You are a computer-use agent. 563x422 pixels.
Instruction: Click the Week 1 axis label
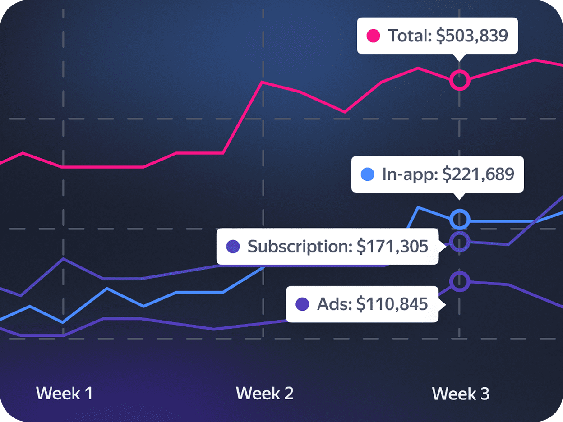coord(64,393)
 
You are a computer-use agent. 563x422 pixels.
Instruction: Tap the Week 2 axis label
coord(264,393)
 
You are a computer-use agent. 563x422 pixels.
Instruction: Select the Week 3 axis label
coord(461,394)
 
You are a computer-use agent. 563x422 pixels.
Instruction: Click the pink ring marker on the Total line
coord(460,81)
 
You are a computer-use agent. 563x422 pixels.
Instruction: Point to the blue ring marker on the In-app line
coord(460,220)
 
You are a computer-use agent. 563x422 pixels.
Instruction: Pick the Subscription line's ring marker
coord(460,241)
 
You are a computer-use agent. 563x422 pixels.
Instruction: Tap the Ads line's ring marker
coord(460,281)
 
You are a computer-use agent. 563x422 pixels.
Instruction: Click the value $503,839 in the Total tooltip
coord(472,36)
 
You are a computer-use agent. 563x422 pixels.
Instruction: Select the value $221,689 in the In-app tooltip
coord(478,174)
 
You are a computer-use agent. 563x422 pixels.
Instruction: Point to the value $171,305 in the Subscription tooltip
coord(392,247)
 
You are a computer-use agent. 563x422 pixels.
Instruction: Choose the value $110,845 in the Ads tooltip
coord(392,304)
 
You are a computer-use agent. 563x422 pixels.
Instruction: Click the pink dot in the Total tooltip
coord(374,36)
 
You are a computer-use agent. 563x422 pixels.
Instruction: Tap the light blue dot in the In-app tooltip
coord(368,174)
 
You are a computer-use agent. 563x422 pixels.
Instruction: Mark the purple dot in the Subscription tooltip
coord(233,247)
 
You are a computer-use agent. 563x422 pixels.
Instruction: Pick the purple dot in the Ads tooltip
coord(302,304)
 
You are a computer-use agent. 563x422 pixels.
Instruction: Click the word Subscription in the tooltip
coord(299,247)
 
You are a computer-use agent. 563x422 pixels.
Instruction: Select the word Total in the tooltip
coord(409,36)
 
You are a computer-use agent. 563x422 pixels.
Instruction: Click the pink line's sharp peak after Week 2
coord(262,82)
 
